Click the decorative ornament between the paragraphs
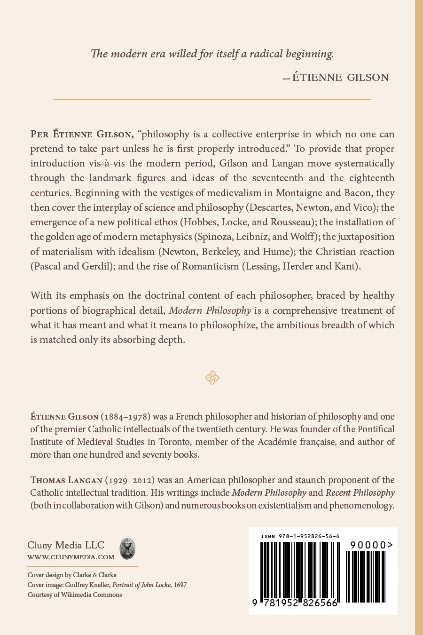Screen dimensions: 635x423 coord(212,378)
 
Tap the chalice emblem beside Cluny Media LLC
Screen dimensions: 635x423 coord(127,549)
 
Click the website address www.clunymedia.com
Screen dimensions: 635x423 coord(70,557)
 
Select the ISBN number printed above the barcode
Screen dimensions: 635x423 coord(300,536)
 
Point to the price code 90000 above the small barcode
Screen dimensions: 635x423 coord(371,545)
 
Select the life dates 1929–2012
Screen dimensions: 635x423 coord(129,480)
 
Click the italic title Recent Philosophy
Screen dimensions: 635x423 coord(360,493)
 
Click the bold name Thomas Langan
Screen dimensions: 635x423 coord(66,480)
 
